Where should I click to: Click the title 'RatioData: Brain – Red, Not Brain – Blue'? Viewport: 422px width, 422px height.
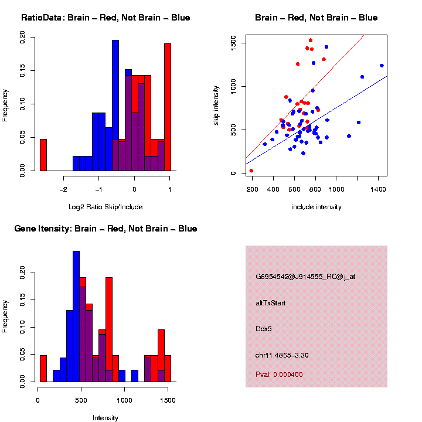click(x=105, y=18)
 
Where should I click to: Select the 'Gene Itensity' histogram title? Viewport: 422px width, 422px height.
click(x=105, y=229)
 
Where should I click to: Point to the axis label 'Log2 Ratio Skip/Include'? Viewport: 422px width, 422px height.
click(x=105, y=207)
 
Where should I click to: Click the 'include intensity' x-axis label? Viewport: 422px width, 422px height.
click(x=316, y=207)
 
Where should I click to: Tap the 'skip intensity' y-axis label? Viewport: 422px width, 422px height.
click(x=224, y=104)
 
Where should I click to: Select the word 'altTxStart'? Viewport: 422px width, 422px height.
click(x=271, y=303)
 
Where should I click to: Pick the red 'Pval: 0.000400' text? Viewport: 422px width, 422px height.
click(x=280, y=374)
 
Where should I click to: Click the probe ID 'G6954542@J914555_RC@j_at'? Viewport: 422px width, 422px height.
click(x=305, y=277)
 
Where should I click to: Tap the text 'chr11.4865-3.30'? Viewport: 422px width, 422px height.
click(x=282, y=355)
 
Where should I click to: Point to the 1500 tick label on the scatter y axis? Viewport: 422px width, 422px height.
click(x=233, y=43)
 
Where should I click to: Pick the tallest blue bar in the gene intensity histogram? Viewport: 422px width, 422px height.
click(x=76, y=316)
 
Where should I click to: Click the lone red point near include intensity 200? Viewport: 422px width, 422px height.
click(x=251, y=171)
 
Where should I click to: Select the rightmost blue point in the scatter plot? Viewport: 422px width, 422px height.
click(x=382, y=66)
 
